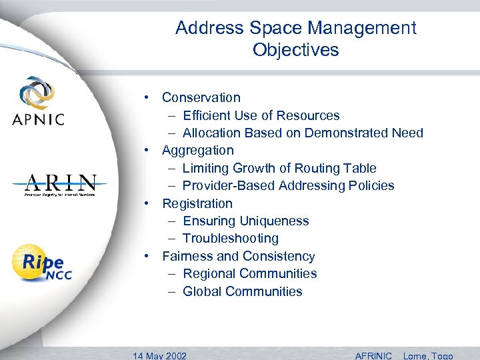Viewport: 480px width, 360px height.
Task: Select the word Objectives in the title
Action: click(295, 50)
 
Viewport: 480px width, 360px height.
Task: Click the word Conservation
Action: click(201, 97)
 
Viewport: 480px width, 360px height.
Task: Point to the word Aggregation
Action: click(198, 150)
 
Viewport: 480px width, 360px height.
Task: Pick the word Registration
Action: click(197, 203)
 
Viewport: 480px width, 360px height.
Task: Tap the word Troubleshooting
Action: click(231, 238)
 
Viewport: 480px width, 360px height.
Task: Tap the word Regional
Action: click(209, 273)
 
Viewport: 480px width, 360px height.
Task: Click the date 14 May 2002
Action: click(160, 355)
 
